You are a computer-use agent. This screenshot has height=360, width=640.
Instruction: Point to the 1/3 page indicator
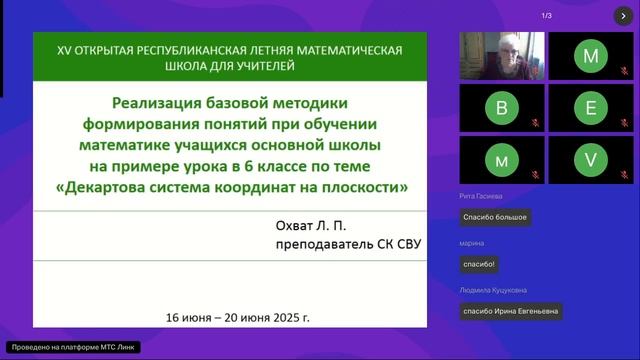[547, 16]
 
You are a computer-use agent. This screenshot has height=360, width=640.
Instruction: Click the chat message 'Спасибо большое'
[494, 217]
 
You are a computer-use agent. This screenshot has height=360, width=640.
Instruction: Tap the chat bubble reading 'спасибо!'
[478, 264]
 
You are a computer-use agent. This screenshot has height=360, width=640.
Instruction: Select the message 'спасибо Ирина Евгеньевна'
[510, 311]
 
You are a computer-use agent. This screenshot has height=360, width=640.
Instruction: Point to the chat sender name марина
[472, 244]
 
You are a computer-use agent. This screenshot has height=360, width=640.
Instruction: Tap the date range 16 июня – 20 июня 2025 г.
[239, 317]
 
